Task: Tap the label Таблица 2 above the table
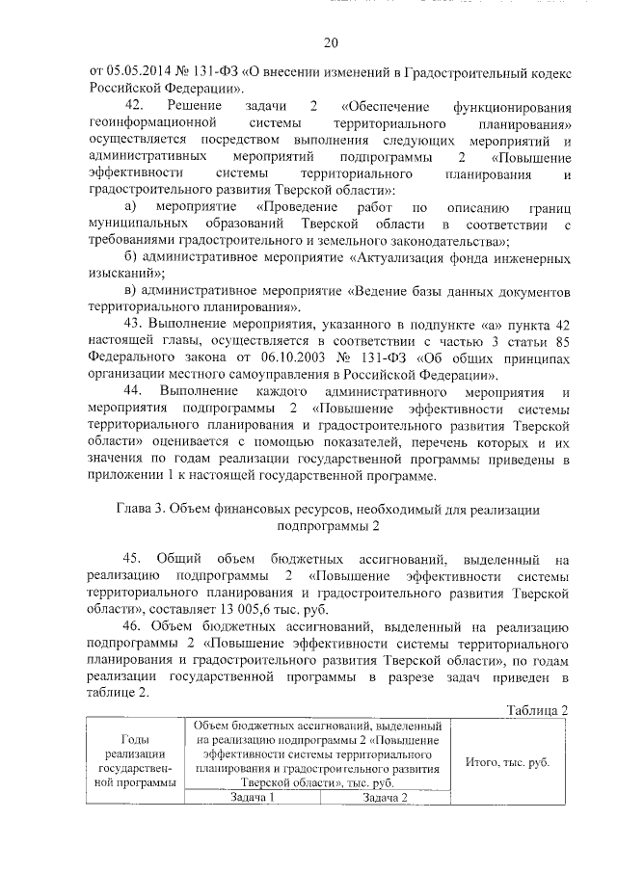535,710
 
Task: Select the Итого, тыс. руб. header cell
507,761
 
